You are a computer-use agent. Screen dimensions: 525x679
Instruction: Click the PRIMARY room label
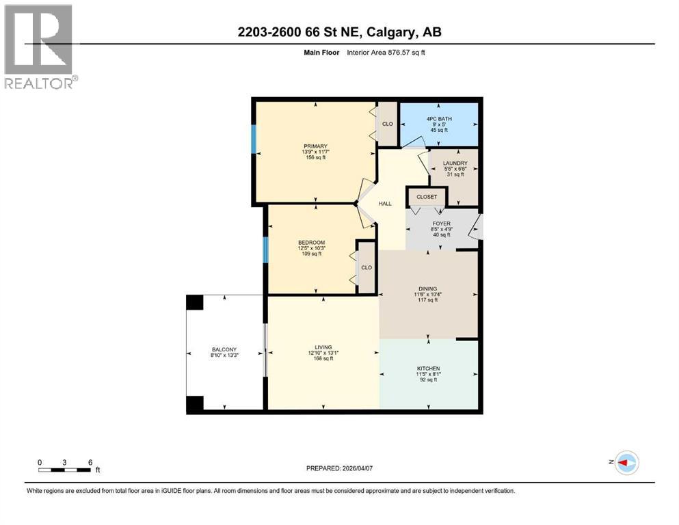(316, 146)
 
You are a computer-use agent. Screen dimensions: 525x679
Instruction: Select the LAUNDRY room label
(455, 163)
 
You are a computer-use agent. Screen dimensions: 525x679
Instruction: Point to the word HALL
(385, 202)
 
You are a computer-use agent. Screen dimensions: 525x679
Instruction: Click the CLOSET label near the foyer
(427, 197)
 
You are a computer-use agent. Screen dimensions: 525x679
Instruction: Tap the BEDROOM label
(311, 243)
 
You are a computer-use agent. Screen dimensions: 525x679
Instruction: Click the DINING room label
(428, 288)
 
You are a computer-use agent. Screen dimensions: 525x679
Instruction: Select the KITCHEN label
(429, 369)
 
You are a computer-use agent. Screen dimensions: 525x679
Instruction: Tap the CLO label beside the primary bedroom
(387, 124)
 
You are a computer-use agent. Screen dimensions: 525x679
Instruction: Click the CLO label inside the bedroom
(367, 267)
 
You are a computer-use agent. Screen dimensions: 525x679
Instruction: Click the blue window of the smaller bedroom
(266, 249)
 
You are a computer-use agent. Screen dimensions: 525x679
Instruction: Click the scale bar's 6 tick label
(90, 462)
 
